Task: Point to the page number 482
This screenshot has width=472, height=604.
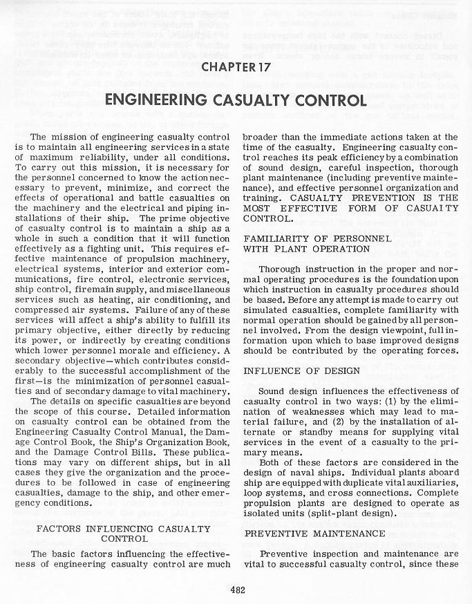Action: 236,589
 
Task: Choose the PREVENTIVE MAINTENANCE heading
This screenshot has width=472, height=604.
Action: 314,534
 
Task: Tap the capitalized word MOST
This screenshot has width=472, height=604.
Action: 258,209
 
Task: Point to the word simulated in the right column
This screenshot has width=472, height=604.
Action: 267,309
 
